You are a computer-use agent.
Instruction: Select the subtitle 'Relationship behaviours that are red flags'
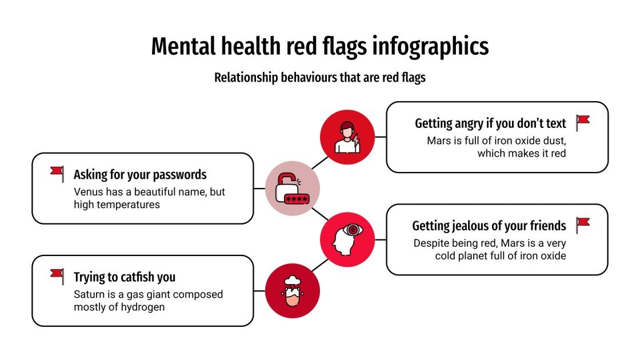coord(320,77)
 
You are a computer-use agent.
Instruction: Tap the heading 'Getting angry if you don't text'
coord(490,123)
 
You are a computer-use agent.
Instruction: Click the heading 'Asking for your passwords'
coord(140,174)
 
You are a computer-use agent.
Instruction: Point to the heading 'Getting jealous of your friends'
coord(489,226)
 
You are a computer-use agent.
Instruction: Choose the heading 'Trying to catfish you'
coord(125,277)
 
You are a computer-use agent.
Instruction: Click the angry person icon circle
coord(347,137)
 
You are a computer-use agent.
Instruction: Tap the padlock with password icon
coord(293,189)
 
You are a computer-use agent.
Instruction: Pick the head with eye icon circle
coord(347,239)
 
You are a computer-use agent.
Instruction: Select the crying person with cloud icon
coord(293,290)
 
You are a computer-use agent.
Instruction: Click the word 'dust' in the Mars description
coord(553,141)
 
